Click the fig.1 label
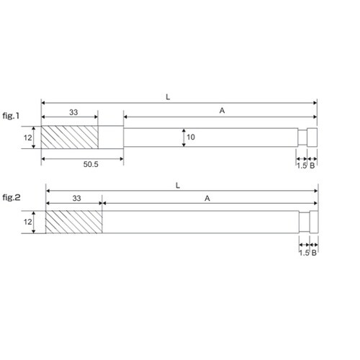[x=11, y=116]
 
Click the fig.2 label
[x=12, y=197]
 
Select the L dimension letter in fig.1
[x=168, y=97]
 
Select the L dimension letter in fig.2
[x=178, y=186]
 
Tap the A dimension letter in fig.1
[x=222, y=111]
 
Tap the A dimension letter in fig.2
[x=207, y=199]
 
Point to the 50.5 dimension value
[x=91, y=164]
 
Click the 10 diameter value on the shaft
[x=191, y=138]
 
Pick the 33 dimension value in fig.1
[x=73, y=112]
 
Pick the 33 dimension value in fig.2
[x=77, y=198]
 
